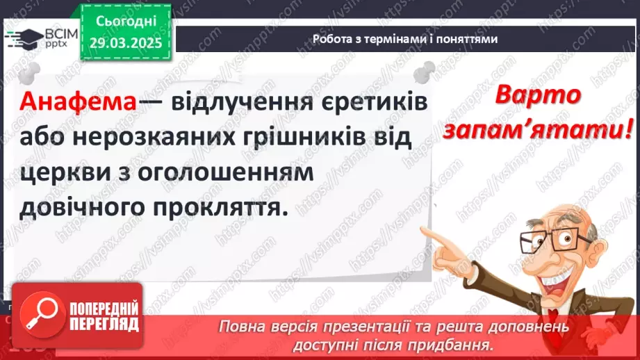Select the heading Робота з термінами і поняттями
405,40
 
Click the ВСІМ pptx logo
38,38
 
